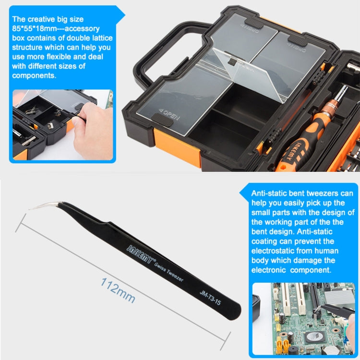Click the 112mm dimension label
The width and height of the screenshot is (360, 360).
(118, 290)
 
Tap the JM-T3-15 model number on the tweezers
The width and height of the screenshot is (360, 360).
(210, 298)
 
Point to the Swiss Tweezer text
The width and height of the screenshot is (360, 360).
(169, 272)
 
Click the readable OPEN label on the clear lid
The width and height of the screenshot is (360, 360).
(169, 114)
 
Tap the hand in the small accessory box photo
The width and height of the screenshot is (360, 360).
(94, 131)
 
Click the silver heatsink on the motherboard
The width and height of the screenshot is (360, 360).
(339, 296)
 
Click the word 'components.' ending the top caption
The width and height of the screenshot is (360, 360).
(34, 75)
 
